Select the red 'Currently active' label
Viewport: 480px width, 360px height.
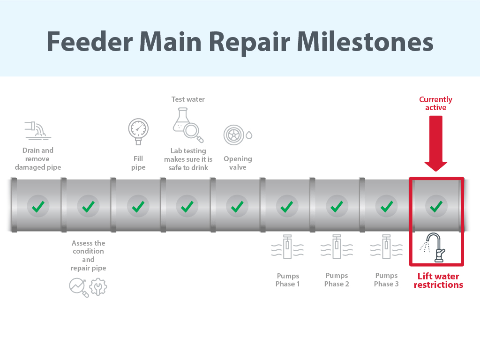click(435, 104)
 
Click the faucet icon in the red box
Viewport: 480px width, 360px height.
click(436, 247)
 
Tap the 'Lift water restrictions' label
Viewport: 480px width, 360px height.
click(438, 280)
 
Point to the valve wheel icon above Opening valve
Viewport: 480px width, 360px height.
click(233, 135)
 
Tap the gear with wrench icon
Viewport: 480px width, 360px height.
click(98, 287)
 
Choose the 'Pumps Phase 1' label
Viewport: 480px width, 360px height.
click(287, 280)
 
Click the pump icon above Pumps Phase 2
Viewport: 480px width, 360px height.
click(337, 247)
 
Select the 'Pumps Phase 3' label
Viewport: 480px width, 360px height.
click(387, 280)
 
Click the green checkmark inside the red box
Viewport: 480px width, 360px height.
click(436, 206)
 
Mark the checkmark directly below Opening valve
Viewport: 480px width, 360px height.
click(237, 206)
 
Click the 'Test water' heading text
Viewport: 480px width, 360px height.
click(188, 99)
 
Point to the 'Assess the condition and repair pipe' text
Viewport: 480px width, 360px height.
click(88, 255)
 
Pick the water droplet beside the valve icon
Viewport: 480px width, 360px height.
click(249, 135)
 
